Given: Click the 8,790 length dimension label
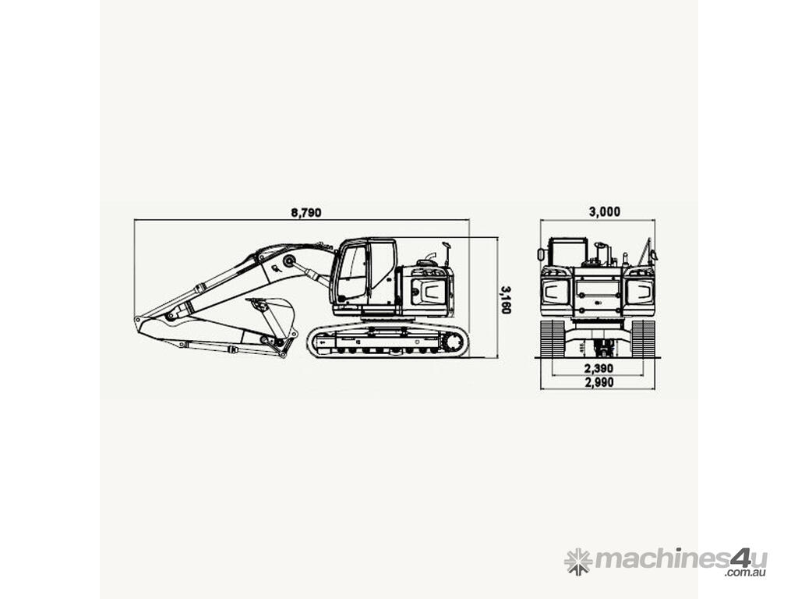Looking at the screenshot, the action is coord(305,212).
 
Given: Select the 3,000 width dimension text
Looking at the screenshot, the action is coord(605,211).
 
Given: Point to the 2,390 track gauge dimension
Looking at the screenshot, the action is coord(598,368).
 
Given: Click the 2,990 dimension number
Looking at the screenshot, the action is coord(599,382).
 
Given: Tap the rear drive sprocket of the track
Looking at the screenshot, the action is coord(452,342).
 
